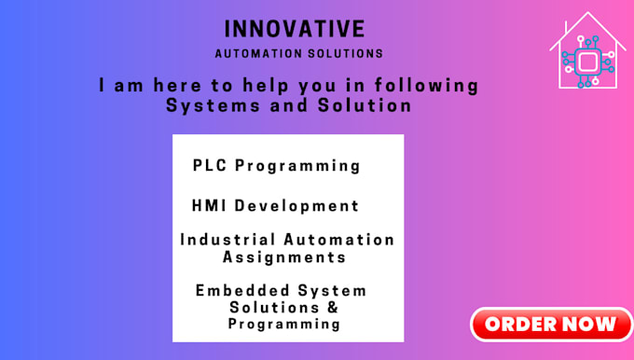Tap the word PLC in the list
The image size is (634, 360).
[x=210, y=166]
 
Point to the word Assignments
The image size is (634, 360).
[x=288, y=256]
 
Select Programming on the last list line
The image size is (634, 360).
[x=284, y=325]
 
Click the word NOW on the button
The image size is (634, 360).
[x=586, y=325]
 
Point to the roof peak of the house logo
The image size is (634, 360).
[x=586, y=14]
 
